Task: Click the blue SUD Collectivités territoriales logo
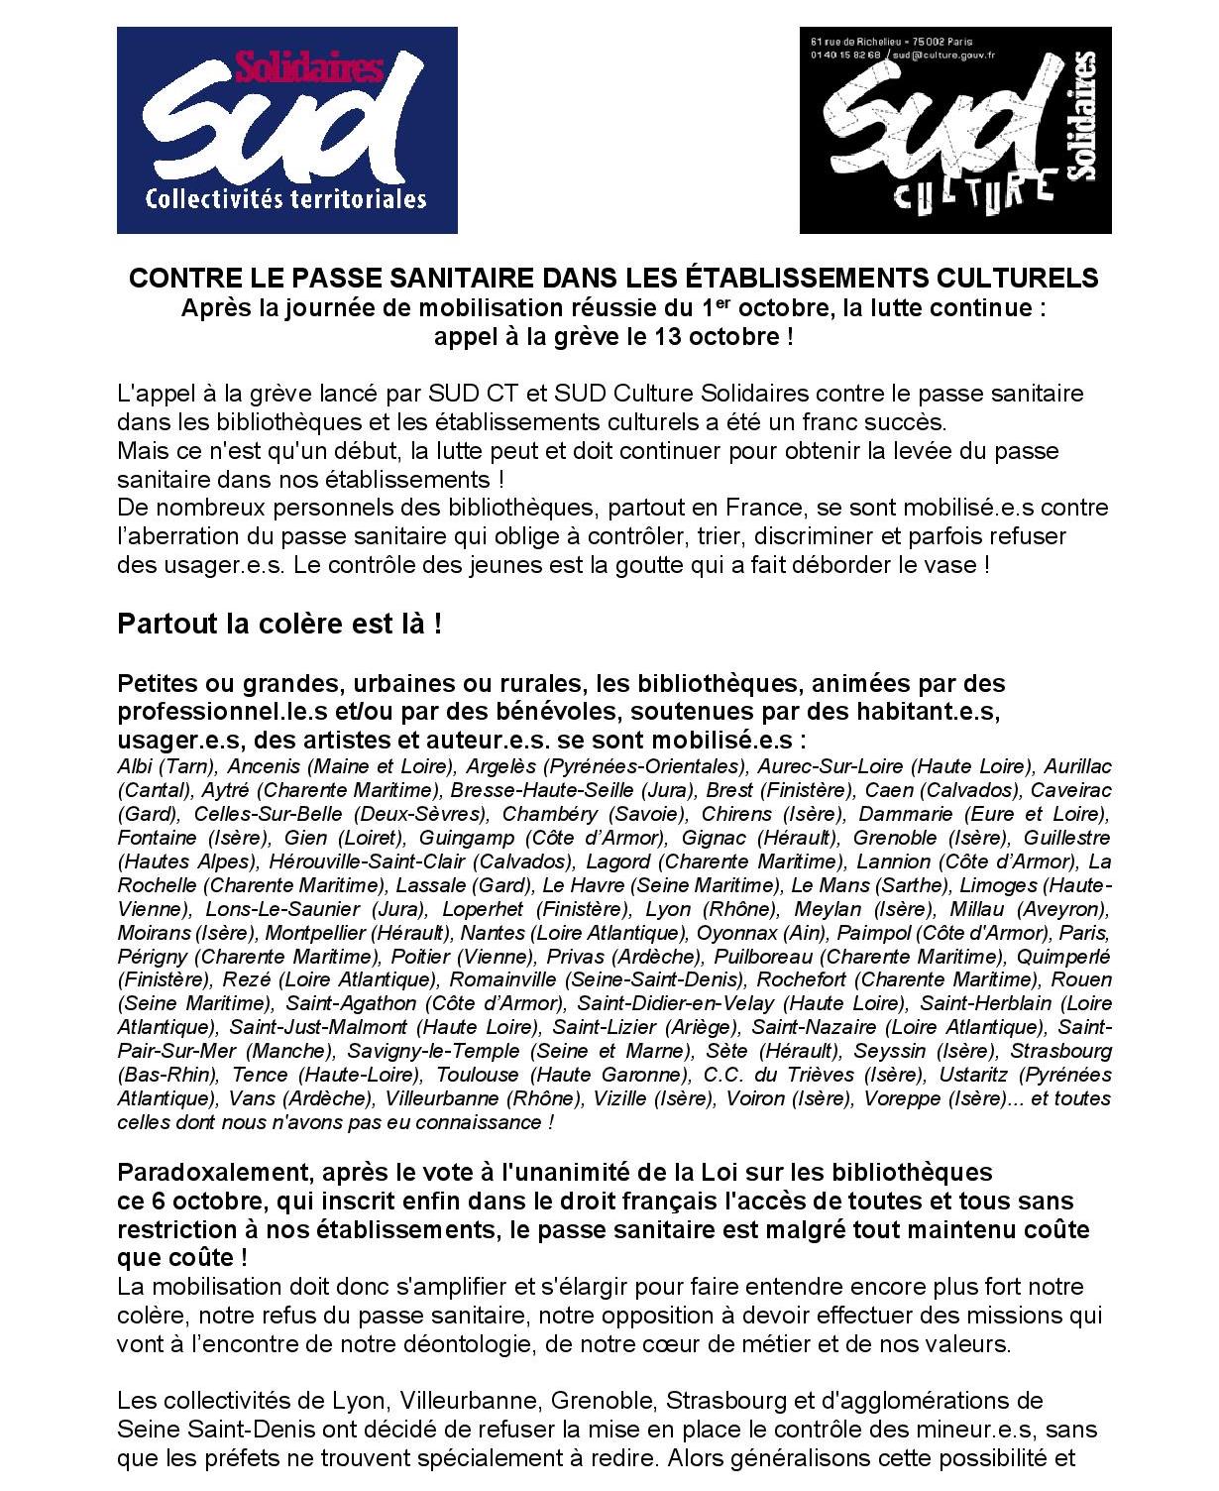pyautogui.click(x=286, y=130)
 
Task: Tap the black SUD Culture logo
pyautogui.click(x=954, y=130)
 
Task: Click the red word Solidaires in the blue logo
pyautogui.click(x=308, y=68)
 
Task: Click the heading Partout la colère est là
pyautogui.click(x=279, y=626)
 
